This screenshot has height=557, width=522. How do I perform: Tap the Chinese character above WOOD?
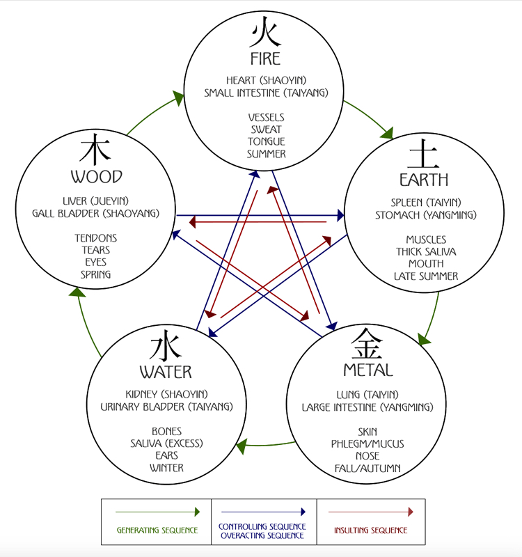click(96, 149)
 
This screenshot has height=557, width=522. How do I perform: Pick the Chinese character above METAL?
click(367, 343)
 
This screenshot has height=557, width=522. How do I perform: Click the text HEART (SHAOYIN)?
click(266, 81)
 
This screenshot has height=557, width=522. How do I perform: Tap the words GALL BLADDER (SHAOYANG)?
click(95, 213)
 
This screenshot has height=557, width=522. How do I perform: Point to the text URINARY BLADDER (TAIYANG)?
click(166, 407)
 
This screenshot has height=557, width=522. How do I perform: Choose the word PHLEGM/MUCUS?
click(367, 444)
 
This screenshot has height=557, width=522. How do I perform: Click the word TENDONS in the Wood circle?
click(96, 238)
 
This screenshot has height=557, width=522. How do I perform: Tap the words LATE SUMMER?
click(426, 276)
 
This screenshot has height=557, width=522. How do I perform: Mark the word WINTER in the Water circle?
click(166, 468)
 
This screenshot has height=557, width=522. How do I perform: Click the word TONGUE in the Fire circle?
click(266, 142)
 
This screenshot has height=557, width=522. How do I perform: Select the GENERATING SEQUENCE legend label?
click(157, 531)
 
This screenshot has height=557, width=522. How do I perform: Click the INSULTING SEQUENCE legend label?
click(371, 531)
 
